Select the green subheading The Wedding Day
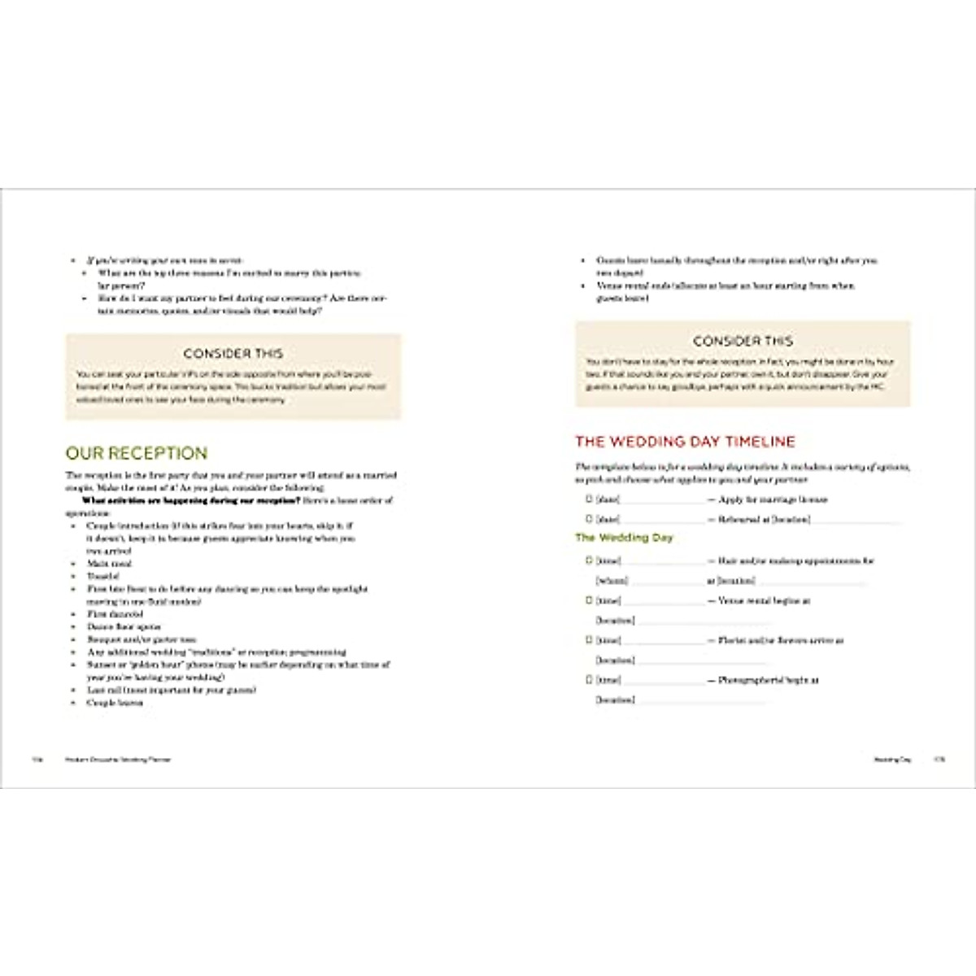point(624,538)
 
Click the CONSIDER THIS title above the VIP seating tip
point(233,354)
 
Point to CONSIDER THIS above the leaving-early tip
point(743,341)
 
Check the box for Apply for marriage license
point(589,499)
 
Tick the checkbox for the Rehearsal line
point(589,519)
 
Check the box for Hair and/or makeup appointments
point(589,560)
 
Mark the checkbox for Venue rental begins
point(589,600)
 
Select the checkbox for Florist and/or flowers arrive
point(589,640)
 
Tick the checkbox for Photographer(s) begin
point(589,680)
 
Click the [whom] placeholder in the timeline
point(612,581)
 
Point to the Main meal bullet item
point(110,563)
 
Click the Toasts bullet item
point(103,576)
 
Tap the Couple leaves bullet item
point(115,703)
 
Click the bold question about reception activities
point(191,500)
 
